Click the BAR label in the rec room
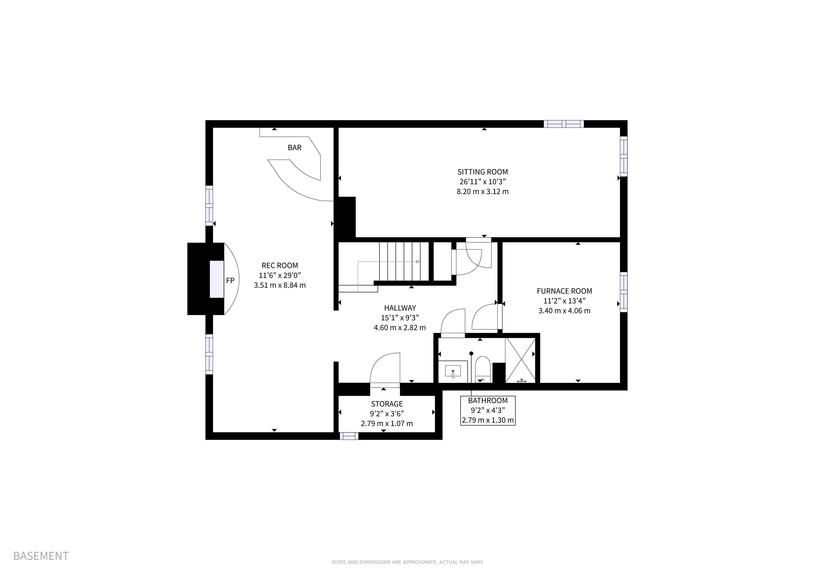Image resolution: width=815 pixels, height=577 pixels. pos(295,147)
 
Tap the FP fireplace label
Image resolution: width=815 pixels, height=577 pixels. pos(230,281)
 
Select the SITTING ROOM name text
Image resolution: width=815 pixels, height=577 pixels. pos(482,172)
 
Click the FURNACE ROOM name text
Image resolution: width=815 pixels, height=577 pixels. pos(565,291)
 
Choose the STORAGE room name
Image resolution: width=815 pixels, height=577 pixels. pos(387,404)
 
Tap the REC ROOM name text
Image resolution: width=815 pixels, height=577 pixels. pos(280,265)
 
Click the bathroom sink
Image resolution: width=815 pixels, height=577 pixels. pos(453,372)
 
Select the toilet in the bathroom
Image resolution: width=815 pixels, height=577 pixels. pos(483,370)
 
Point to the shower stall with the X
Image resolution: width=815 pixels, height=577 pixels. pos(520,360)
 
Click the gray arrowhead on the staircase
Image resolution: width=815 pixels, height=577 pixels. pos(418,262)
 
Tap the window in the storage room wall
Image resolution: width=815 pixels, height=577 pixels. pos(349,436)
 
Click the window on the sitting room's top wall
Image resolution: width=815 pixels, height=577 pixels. pos(564,124)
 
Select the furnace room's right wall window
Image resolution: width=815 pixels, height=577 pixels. pos(624,292)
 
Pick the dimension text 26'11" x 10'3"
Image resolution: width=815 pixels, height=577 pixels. pos(482,182)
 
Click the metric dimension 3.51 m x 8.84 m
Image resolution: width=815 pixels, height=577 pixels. pos(280,285)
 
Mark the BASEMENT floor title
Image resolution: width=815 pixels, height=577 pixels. pos(41,556)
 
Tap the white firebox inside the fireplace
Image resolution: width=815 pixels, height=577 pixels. pos(216,279)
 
